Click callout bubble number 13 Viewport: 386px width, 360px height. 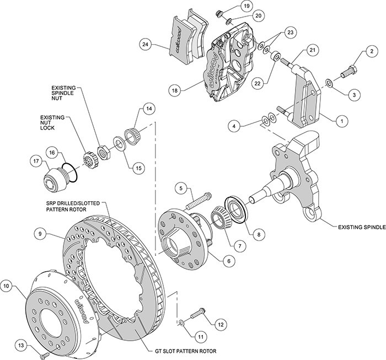pos(20,345)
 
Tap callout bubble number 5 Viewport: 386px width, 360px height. pos(180,189)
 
